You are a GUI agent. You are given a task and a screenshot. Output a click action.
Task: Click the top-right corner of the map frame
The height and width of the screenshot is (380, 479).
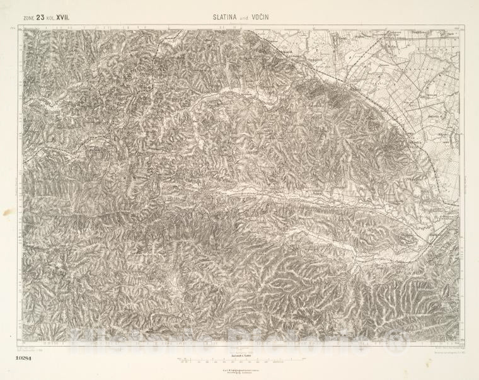(465, 25)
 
